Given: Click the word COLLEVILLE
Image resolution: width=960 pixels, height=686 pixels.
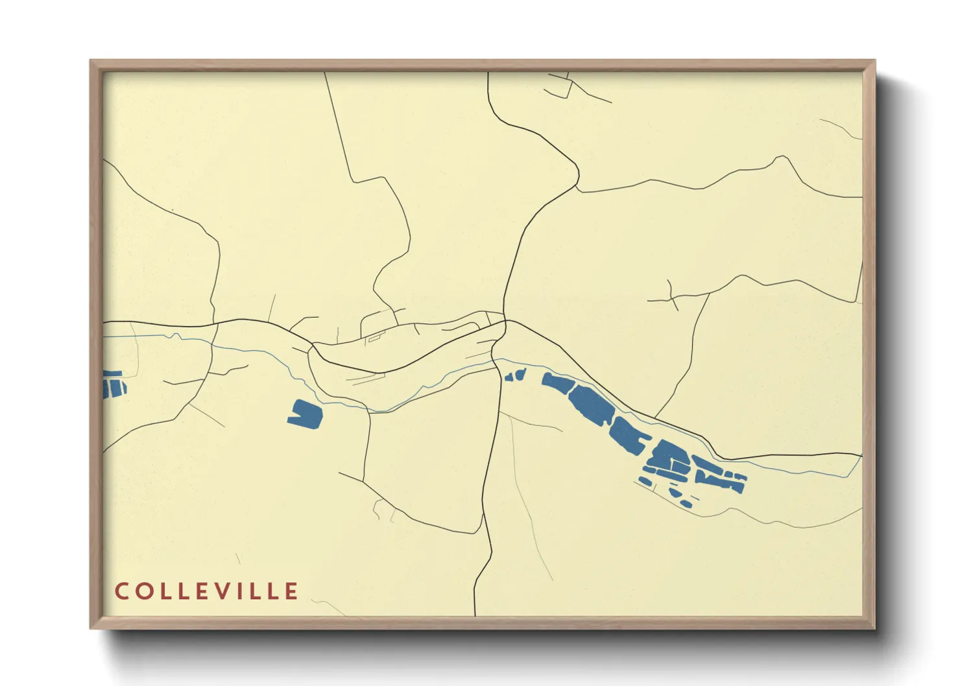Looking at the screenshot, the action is click(x=206, y=591).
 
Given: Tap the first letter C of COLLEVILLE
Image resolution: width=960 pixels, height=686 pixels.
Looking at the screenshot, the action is click(x=121, y=591).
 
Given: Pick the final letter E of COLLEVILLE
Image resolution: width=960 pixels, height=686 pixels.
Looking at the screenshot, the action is click(x=291, y=591).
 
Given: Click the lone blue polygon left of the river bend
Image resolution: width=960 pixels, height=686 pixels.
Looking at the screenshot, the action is click(x=305, y=415).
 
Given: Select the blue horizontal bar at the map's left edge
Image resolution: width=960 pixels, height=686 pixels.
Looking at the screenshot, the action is click(x=112, y=374).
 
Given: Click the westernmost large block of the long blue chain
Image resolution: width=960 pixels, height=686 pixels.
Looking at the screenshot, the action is click(x=558, y=383).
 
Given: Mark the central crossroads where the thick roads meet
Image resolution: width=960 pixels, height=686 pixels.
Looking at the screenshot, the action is click(x=505, y=321).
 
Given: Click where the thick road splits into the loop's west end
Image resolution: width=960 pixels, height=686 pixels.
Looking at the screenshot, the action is click(x=312, y=344).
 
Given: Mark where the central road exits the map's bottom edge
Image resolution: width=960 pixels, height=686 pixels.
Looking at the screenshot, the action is click(x=475, y=615).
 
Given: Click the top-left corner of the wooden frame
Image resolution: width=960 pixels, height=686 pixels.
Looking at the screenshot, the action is click(x=91, y=60).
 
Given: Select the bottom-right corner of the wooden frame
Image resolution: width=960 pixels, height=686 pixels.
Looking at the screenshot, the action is click(x=875, y=628).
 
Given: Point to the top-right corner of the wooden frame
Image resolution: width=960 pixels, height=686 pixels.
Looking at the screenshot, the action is click(x=875, y=60).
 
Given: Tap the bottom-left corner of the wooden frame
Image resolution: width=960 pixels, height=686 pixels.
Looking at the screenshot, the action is click(x=91, y=628).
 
